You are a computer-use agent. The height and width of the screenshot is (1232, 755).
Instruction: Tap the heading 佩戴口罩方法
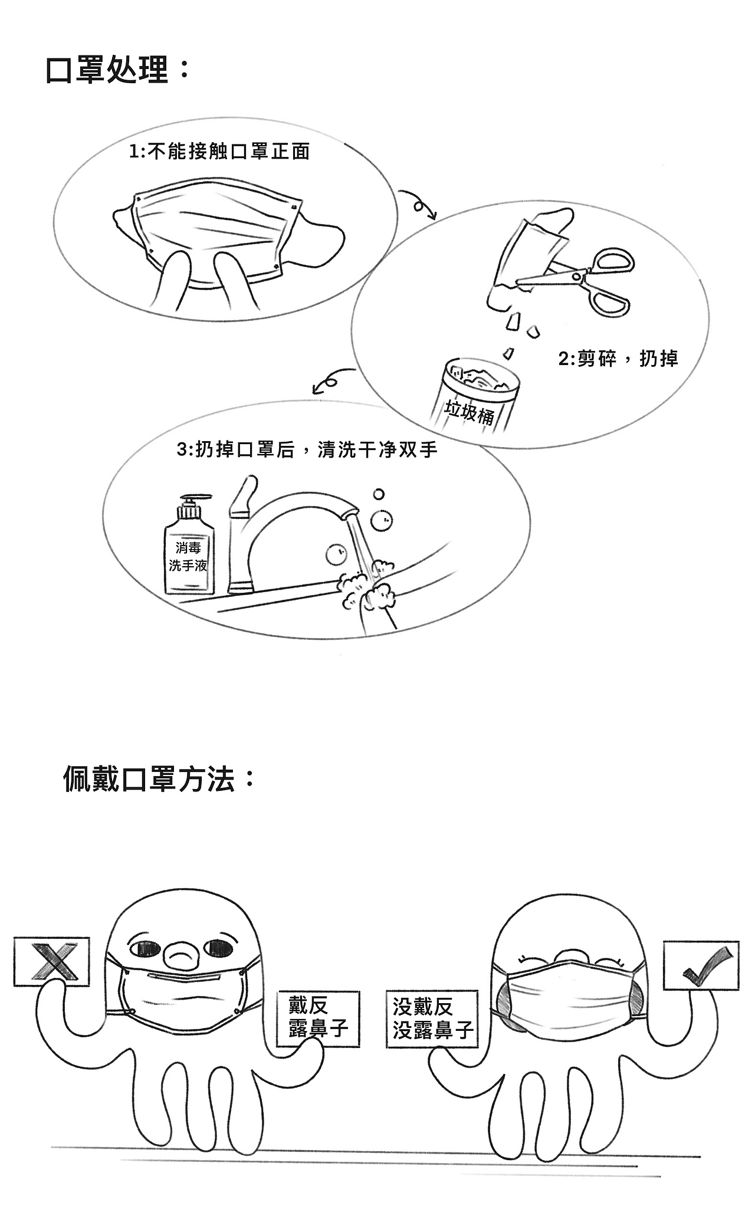pos(159,779)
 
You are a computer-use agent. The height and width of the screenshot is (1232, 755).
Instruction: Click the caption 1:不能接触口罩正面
pos(219,152)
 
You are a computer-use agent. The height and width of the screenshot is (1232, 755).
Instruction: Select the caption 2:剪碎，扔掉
pos(618,359)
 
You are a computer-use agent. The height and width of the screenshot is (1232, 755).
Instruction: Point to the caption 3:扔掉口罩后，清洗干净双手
pos(307,451)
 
